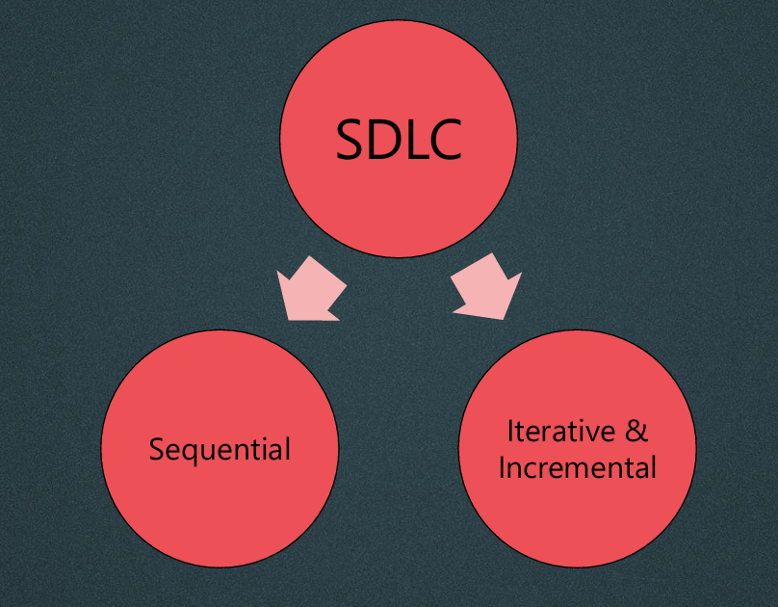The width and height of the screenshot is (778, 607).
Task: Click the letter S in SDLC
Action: point(349,139)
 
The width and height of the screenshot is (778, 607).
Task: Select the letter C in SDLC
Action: point(445,139)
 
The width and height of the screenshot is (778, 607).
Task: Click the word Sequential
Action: point(220,450)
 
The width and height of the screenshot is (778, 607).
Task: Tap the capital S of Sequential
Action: point(156,450)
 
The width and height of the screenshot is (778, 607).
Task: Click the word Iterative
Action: point(560,431)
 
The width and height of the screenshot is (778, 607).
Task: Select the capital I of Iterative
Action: point(510,431)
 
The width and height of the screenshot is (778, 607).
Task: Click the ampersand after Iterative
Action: point(636,431)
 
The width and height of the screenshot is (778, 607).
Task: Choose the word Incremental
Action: point(577,467)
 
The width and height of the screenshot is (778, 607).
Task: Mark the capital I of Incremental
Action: point(502,467)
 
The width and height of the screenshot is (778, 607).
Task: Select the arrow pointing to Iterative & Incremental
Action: point(488,288)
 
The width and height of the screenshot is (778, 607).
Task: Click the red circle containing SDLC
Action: point(399,139)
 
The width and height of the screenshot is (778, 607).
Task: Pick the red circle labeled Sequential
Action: point(220,448)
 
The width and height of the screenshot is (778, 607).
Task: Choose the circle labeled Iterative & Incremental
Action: point(577,448)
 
